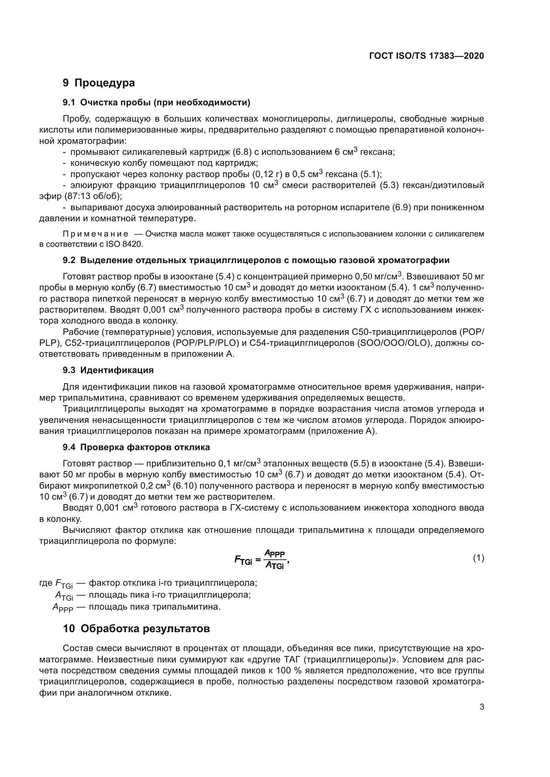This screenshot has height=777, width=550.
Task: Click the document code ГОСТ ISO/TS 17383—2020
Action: point(426,56)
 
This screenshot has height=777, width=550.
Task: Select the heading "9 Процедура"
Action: point(98,83)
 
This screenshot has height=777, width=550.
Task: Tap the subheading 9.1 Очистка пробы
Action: point(157,103)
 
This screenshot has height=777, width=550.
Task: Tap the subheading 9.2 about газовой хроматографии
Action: point(256,260)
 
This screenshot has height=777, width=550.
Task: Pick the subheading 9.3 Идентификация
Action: point(108,370)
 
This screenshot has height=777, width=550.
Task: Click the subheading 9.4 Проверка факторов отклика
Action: point(136,447)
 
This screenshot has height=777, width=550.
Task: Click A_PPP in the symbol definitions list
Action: point(63,608)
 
